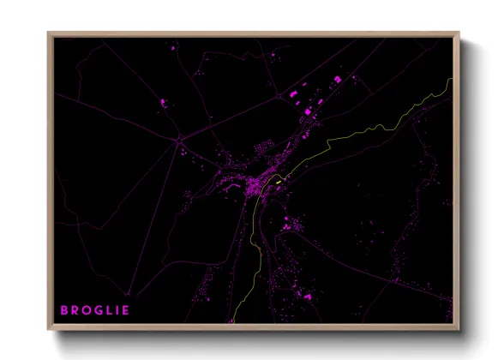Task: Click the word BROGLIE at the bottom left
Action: click(x=94, y=309)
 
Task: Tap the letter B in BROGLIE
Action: click(x=63, y=309)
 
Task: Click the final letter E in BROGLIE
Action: click(x=125, y=309)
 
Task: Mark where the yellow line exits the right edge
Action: click(x=451, y=79)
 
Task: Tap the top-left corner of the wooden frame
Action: click(x=48, y=33)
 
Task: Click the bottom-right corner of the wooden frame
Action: click(x=459, y=329)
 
